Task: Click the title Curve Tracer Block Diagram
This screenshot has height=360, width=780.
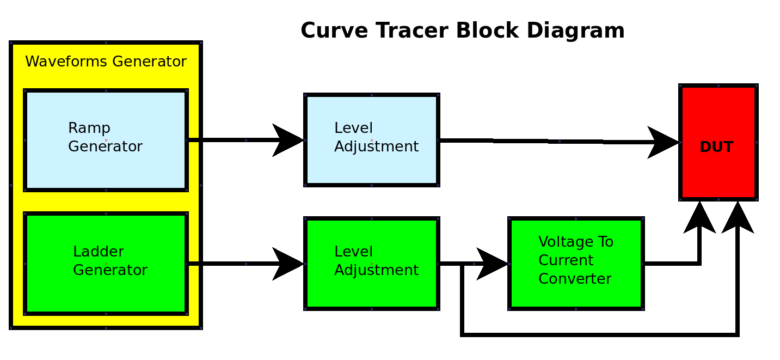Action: pyautogui.click(x=462, y=30)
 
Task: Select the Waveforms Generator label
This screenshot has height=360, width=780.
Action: pyautogui.click(x=106, y=62)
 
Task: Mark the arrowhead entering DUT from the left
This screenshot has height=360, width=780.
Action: pyautogui.click(x=663, y=143)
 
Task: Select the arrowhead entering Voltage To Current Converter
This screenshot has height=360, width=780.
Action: pyautogui.click(x=492, y=264)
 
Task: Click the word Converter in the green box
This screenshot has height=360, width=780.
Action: pyautogui.click(x=574, y=279)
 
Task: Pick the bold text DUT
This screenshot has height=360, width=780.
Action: pyautogui.click(x=716, y=147)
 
